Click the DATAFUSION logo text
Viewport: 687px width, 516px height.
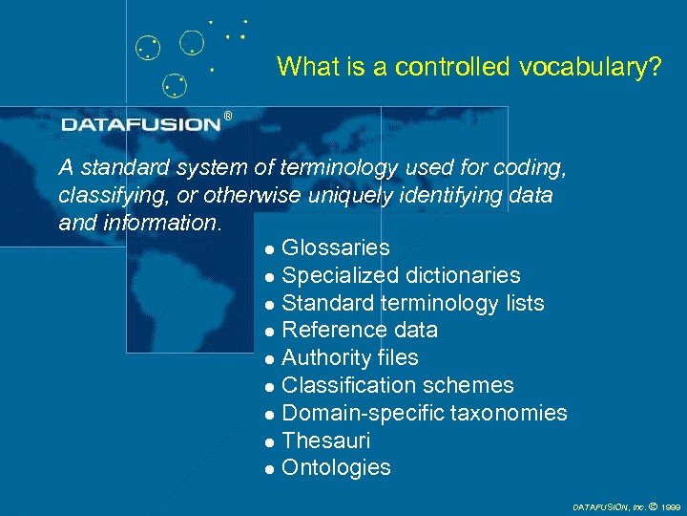pyautogui.click(x=141, y=124)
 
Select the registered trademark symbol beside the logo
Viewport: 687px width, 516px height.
pyautogui.click(x=227, y=117)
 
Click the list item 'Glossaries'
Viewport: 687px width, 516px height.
pyautogui.click(x=336, y=248)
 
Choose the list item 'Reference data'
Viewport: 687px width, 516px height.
pyautogui.click(x=360, y=331)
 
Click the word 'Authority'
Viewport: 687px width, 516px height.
pyautogui.click(x=322, y=358)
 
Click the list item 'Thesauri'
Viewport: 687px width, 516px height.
pyautogui.click(x=326, y=441)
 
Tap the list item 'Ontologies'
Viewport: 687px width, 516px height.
pyautogui.click(x=336, y=468)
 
